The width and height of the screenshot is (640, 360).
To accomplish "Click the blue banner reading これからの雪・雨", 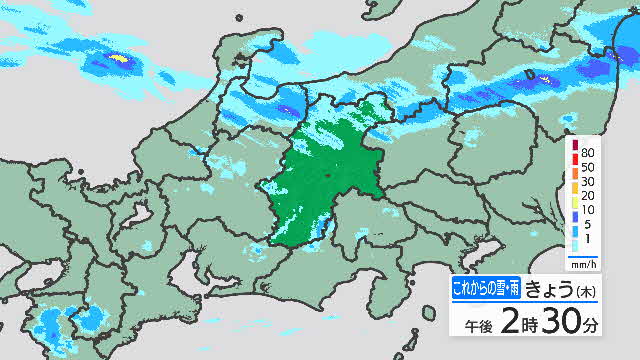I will [x=485, y=289].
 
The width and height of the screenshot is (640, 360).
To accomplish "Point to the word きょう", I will [x=551, y=289].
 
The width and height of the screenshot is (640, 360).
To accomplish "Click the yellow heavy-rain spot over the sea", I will [x=120, y=60].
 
